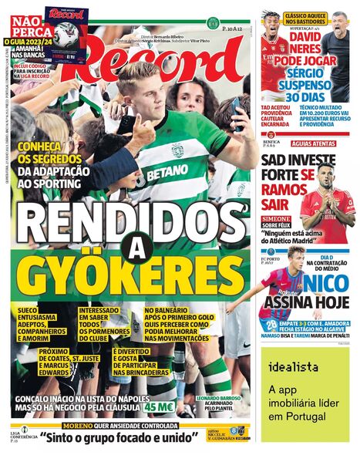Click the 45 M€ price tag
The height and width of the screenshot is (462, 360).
click(x=160, y=406)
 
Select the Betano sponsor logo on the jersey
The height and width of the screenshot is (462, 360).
click(x=167, y=174)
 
